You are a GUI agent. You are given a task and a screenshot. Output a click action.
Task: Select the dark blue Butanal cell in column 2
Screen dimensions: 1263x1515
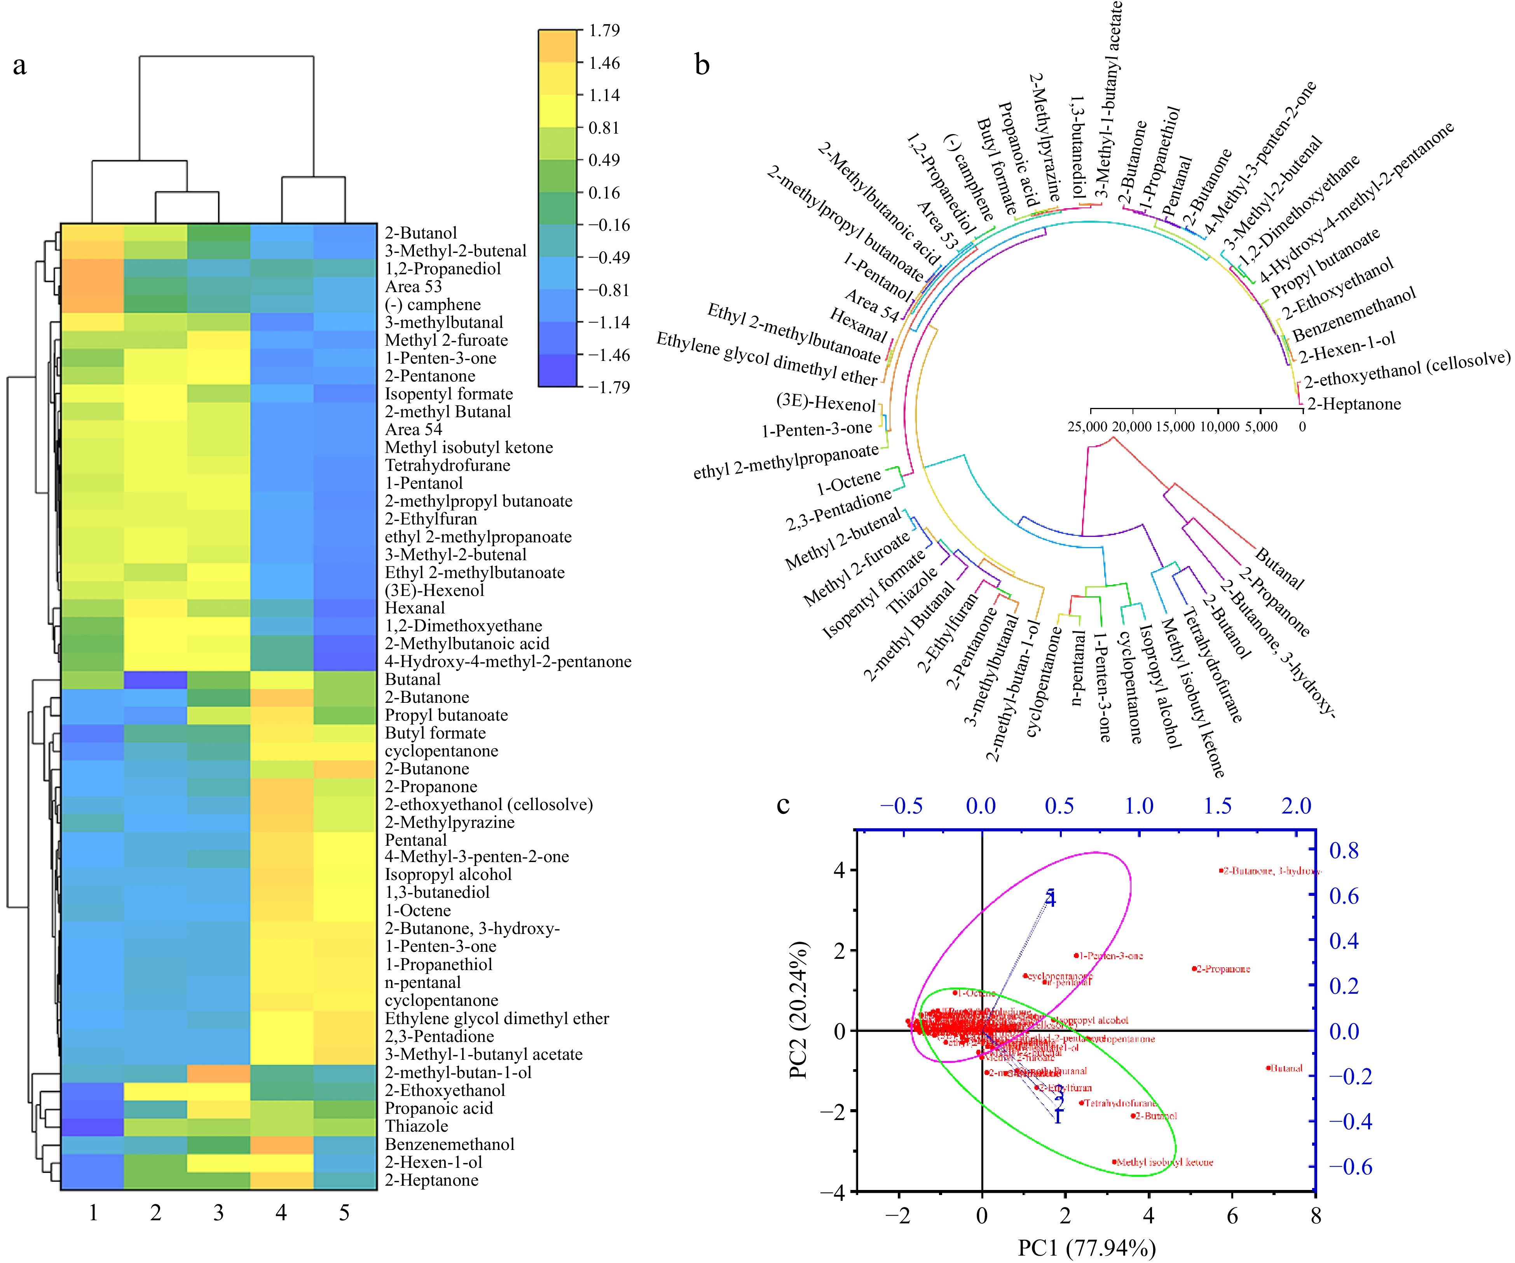click(x=155, y=679)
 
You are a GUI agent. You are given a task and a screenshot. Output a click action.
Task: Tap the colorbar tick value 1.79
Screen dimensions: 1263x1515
click(x=604, y=30)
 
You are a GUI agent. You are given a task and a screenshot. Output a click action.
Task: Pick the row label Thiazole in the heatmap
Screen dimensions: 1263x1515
click(x=416, y=1126)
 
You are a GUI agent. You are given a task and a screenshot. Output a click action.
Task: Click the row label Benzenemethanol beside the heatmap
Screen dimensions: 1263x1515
click(x=449, y=1144)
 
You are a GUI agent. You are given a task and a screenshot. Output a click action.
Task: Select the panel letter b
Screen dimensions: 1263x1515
click(x=702, y=65)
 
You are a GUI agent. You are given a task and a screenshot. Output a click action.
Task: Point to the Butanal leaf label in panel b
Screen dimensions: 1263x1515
click(x=1279, y=568)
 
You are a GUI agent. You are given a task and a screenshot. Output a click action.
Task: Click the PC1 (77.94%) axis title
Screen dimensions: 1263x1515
click(x=1086, y=1247)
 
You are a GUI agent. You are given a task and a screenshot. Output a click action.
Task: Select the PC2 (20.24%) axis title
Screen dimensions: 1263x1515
click(x=799, y=1010)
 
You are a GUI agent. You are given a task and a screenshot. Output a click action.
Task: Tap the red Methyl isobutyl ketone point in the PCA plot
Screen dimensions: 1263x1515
click(x=1115, y=1162)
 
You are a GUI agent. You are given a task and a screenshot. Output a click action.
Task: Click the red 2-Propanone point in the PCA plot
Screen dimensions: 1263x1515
click(x=1194, y=969)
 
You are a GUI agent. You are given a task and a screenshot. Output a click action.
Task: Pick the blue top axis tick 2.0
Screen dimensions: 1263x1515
click(x=1296, y=806)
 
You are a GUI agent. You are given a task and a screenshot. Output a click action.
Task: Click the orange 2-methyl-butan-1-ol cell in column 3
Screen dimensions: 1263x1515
click(x=218, y=1073)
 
